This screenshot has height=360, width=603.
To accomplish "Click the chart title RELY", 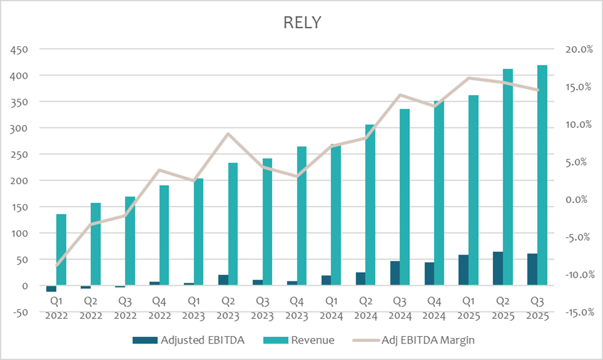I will click(302, 23).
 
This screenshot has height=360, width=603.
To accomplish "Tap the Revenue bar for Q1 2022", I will click(61, 250).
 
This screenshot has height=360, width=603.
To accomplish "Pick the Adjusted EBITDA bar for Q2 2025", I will click(498, 269).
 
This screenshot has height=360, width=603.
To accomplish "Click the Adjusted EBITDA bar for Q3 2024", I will click(395, 274).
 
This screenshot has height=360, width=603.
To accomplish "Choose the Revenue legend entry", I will click(308, 340).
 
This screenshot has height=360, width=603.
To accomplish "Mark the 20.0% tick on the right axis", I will click(577, 49).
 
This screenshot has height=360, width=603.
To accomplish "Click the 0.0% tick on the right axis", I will click(579, 200).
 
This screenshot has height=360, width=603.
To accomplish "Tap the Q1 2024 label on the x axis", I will click(331, 308).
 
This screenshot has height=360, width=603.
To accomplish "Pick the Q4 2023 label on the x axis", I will click(297, 308).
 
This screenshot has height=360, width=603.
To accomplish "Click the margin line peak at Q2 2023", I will click(228, 133).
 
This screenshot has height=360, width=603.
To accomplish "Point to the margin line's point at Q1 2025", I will click(468, 78).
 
